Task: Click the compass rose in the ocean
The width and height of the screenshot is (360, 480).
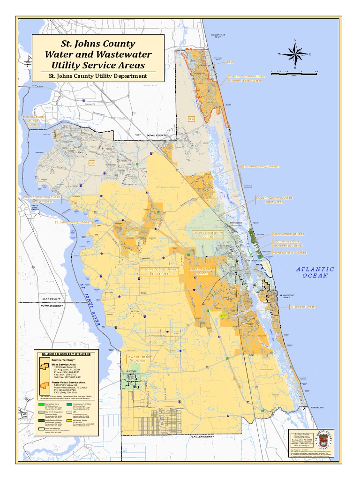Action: tap(294, 54)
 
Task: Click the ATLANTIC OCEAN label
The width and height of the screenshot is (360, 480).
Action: tap(315, 272)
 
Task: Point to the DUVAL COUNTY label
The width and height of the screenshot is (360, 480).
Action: tap(157, 135)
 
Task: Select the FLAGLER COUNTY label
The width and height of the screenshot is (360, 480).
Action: tap(202, 436)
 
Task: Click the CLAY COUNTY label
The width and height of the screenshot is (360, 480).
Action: tap(52, 299)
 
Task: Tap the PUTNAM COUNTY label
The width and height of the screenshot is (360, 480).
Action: tap(52, 306)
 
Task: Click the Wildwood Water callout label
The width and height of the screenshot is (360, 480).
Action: tap(303, 307)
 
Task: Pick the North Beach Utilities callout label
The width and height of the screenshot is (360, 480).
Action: tap(288, 233)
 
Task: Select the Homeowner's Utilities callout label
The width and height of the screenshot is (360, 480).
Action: tap(289, 253)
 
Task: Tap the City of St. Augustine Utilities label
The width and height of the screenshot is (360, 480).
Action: tap(207, 234)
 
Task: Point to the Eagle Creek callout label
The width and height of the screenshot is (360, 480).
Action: tap(275, 202)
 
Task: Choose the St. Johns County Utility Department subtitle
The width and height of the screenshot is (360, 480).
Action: tap(98, 76)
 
